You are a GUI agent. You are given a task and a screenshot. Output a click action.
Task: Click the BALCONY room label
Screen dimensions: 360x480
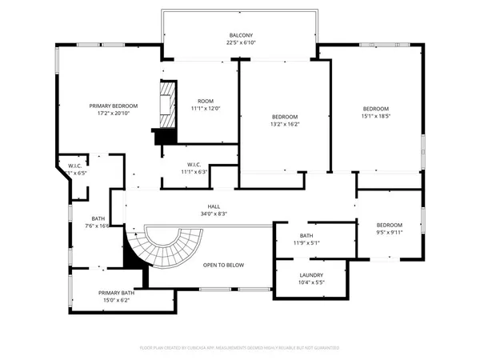(x=240, y=35)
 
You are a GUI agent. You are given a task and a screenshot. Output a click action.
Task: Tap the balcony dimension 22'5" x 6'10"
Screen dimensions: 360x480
(x=240, y=43)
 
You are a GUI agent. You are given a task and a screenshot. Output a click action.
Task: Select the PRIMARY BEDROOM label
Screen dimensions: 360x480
(x=113, y=106)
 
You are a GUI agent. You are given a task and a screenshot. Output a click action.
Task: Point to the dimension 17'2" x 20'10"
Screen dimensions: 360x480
(x=113, y=114)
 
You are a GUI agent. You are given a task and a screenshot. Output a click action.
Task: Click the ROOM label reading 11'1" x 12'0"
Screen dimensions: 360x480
(x=206, y=101)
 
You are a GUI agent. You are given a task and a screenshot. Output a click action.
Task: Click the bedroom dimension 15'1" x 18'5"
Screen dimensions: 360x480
(x=375, y=117)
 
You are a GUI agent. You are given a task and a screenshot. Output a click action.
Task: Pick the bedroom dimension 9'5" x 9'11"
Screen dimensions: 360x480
(x=389, y=234)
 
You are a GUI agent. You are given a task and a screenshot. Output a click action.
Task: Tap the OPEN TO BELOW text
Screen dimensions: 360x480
(x=223, y=265)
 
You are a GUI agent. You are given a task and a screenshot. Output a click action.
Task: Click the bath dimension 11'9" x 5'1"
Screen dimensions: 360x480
(x=306, y=243)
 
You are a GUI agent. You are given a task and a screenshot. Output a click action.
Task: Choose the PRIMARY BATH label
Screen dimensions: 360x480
(x=116, y=293)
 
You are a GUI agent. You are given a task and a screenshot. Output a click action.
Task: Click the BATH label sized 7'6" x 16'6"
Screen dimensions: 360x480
(x=98, y=218)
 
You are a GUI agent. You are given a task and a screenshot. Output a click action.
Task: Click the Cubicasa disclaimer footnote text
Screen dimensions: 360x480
(x=240, y=348)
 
